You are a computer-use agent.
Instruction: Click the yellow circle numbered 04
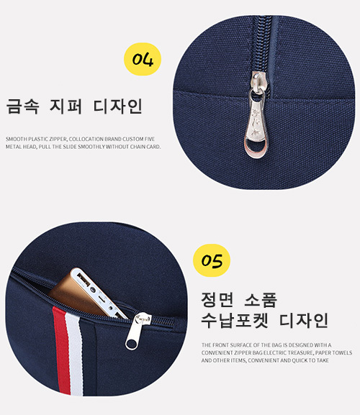pos(143,59)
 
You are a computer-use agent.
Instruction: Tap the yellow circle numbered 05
pos(212,260)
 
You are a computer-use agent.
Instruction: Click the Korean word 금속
pos(22,106)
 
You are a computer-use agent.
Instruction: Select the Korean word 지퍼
pos(66,106)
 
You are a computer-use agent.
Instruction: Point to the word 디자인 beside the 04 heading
pos(118,106)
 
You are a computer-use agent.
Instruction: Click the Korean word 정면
pos(217,300)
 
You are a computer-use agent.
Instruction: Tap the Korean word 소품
pos(261,300)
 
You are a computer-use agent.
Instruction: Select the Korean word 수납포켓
pos(235,321)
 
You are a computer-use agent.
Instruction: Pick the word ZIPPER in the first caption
pos(58,139)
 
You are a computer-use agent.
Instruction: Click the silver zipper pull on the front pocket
pos(138,331)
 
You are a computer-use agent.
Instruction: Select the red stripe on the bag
pos(61,350)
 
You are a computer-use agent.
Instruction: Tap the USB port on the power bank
pos(84,281)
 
